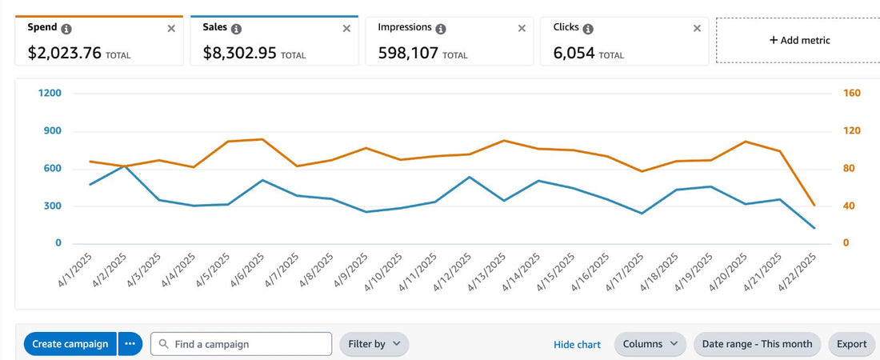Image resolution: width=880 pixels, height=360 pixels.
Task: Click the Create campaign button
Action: (x=70, y=344)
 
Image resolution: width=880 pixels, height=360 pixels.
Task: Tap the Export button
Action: (x=851, y=344)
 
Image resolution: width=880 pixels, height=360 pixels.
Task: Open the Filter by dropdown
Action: (x=374, y=344)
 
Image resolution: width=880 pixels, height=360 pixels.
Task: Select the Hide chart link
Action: (x=577, y=345)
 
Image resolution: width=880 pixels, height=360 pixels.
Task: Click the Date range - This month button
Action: (x=757, y=344)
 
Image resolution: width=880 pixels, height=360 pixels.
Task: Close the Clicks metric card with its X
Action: (x=697, y=28)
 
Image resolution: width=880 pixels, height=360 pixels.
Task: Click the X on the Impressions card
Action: (x=522, y=28)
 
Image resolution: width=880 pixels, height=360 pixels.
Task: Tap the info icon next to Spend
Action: (x=66, y=28)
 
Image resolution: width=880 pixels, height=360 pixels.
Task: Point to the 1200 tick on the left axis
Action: (x=50, y=94)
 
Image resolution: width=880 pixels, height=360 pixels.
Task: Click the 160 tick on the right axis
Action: (x=851, y=94)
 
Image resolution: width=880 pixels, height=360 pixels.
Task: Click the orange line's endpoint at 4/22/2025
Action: (x=814, y=206)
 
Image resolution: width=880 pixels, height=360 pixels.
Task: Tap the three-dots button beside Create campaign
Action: (x=130, y=344)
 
